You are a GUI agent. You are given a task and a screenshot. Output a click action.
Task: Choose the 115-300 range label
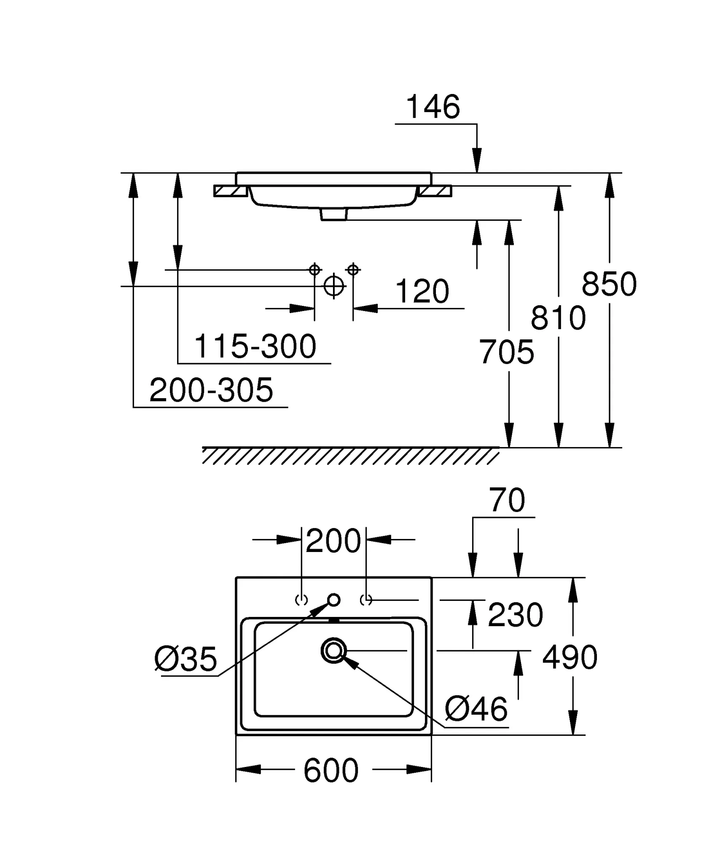point(255,346)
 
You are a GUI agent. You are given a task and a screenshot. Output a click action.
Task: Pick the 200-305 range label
point(211,390)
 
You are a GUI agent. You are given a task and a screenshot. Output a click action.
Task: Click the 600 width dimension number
point(331,770)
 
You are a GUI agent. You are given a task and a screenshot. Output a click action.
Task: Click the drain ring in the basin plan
point(333,651)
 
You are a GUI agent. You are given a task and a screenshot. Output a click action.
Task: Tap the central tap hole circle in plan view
point(334,600)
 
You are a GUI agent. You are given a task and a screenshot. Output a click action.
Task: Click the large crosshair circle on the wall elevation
point(333,286)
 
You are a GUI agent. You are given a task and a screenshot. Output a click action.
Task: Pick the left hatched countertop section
point(231,191)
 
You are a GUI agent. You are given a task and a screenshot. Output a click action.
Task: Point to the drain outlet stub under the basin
point(334,214)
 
